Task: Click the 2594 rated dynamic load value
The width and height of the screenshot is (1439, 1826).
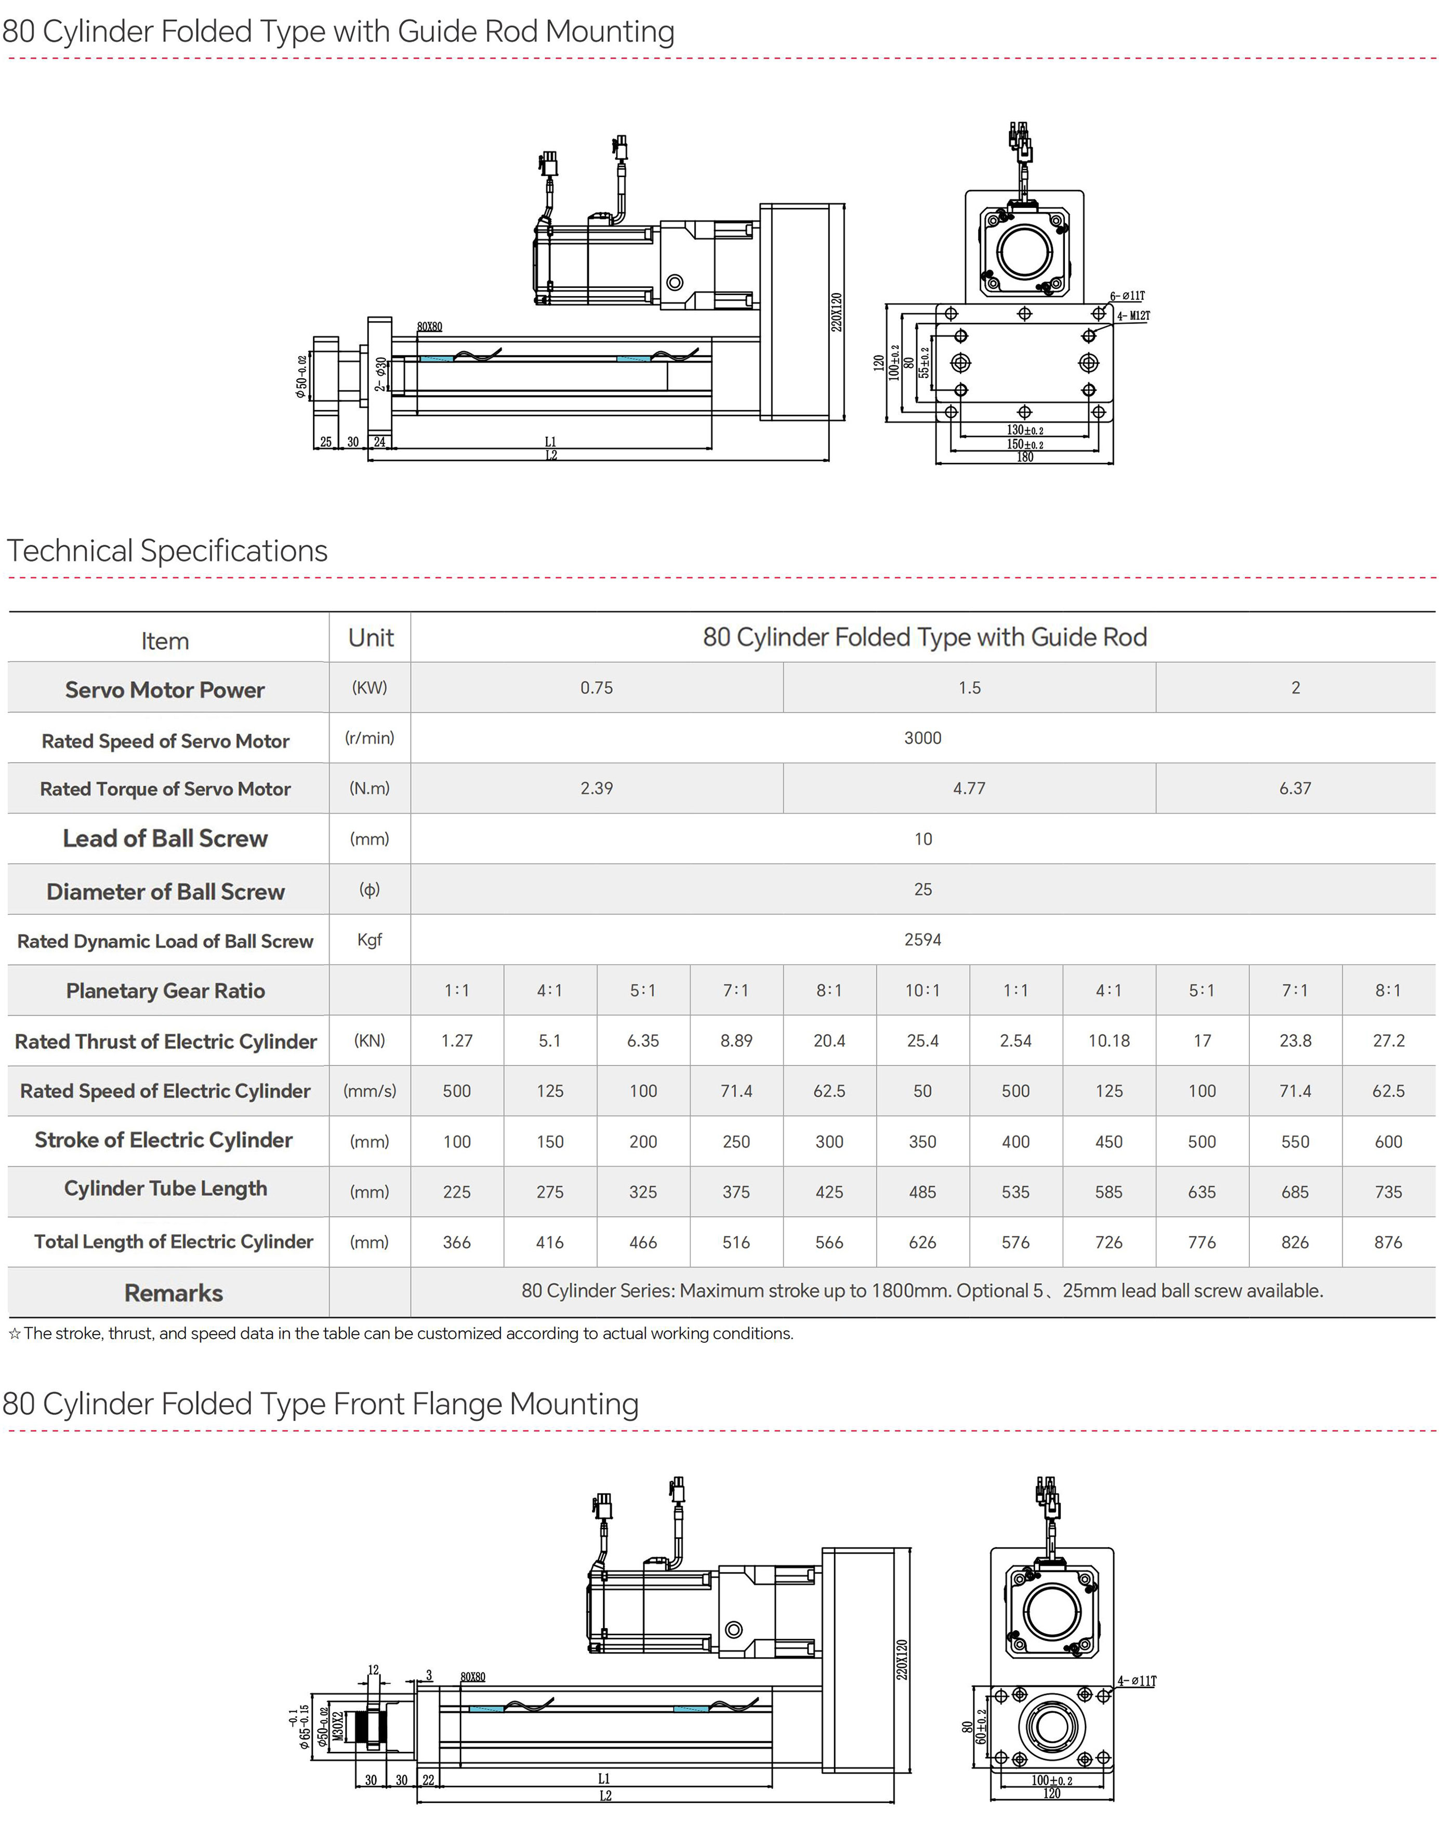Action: (922, 939)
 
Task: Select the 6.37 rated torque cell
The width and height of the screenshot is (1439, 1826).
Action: (1295, 789)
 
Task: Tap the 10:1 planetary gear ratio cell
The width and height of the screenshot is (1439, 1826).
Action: (922, 991)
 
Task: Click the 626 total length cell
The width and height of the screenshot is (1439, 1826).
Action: (922, 1242)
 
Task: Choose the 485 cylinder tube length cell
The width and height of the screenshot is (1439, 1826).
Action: (922, 1192)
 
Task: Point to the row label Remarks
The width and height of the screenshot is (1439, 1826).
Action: (174, 1293)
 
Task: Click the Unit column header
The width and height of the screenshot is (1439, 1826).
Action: (371, 637)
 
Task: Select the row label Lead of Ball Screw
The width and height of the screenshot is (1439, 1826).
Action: (165, 839)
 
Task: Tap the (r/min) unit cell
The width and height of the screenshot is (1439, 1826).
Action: (370, 738)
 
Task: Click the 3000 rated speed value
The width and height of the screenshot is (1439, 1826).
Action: (922, 738)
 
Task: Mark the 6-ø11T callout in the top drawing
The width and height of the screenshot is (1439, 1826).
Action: (1127, 297)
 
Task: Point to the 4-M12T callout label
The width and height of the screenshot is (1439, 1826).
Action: (1133, 316)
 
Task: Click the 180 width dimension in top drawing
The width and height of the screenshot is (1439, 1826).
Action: (1024, 457)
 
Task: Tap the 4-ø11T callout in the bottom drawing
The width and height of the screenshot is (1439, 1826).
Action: (1138, 1681)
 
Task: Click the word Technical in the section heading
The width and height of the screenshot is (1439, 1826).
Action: (70, 551)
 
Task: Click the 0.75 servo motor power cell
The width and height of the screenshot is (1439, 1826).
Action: (597, 687)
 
